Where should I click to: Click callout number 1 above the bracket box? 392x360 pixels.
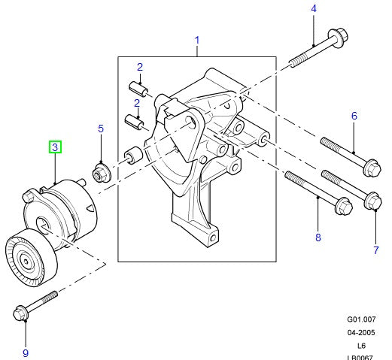tap(197, 39)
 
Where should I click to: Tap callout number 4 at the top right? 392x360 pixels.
tap(314, 10)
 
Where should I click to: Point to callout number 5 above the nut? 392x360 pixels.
tap(101, 130)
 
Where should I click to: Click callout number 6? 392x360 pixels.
tap(354, 116)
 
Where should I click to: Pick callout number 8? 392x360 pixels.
tap(318, 237)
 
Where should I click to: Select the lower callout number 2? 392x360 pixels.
tap(138, 103)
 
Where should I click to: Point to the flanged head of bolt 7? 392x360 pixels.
tap(370, 201)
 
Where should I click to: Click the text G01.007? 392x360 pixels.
tap(360, 319)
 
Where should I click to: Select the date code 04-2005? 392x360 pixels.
tap(361, 331)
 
